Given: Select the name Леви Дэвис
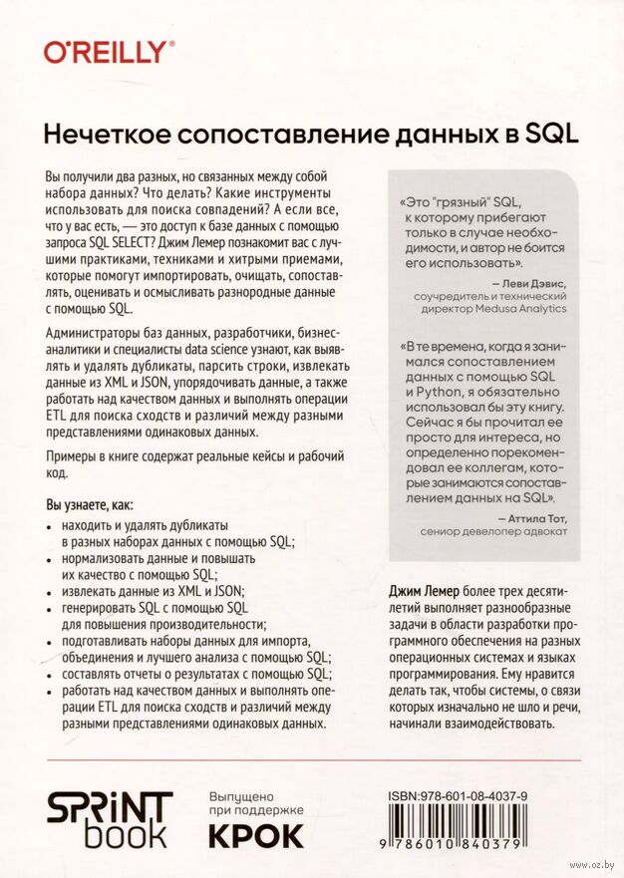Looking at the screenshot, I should (x=530, y=283).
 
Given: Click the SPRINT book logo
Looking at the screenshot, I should (x=111, y=820).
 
